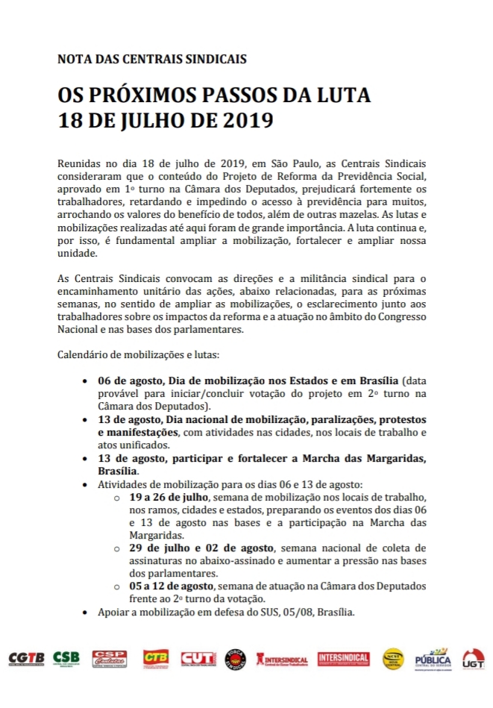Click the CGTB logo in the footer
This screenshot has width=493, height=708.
click(25, 659)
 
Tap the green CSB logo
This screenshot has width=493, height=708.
click(66, 659)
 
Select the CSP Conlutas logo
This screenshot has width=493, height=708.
click(109, 658)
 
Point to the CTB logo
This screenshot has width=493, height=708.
click(156, 658)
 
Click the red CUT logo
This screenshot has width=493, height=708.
click(198, 658)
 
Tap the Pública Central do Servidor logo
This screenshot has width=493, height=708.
click(433, 659)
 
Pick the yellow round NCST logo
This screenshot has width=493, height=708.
click(394, 659)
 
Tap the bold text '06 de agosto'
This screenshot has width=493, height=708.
click(128, 380)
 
